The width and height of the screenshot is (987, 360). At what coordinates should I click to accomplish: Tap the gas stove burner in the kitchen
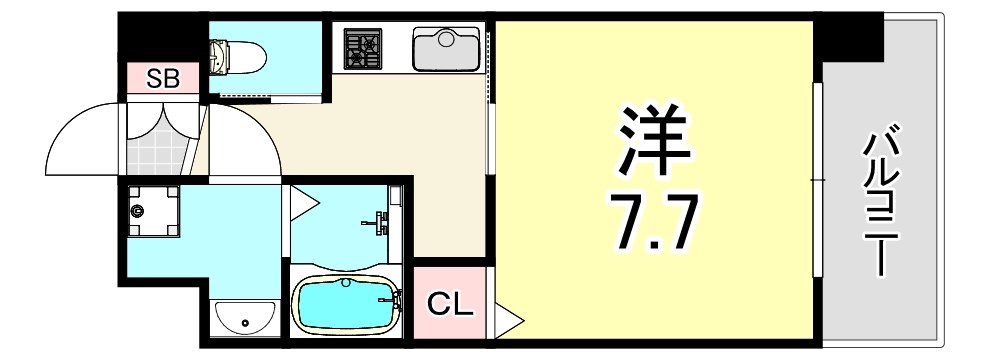[x=361, y=48]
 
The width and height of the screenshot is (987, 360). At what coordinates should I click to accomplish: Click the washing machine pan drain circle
[x=138, y=210]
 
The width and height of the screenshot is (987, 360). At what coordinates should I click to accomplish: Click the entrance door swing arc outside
[x=80, y=140]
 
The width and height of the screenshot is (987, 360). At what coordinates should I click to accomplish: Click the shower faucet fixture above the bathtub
[x=383, y=221]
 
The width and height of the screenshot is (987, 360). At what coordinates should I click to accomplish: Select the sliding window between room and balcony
[x=817, y=180]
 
